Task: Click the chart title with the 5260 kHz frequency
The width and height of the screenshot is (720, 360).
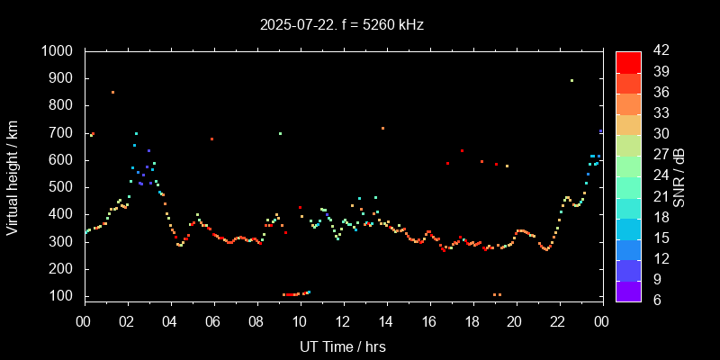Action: click(x=341, y=25)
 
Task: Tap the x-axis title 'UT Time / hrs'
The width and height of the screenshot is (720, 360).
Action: click(x=342, y=346)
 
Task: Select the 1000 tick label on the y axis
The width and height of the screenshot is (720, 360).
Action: click(x=58, y=51)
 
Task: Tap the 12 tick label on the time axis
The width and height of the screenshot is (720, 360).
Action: click(x=342, y=321)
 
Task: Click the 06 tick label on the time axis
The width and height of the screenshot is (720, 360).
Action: click(x=213, y=321)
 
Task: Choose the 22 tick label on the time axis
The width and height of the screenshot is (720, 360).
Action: click(x=558, y=321)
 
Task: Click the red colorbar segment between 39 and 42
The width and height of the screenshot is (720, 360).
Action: click(x=628, y=61)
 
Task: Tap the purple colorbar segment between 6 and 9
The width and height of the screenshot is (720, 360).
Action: click(x=628, y=290)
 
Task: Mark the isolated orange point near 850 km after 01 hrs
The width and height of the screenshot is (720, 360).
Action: click(x=112, y=92)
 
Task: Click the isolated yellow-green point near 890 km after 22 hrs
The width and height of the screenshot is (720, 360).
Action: click(x=571, y=80)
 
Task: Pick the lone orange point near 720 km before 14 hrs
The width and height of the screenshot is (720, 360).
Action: click(x=382, y=128)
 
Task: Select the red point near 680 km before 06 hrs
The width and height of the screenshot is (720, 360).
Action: click(x=211, y=139)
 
